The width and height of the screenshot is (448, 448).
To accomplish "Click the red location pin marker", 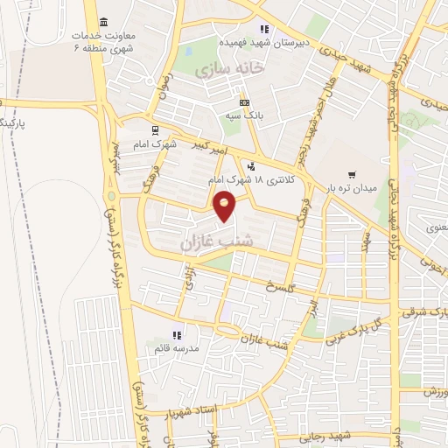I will (x=225, y=206).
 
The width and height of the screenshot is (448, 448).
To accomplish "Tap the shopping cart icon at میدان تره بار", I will (x=351, y=174).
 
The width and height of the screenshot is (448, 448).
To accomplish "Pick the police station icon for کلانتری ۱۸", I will (x=252, y=166).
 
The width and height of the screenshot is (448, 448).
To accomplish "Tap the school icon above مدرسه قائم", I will (x=177, y=335).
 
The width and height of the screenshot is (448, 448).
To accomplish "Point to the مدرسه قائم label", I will (x=177, y=348).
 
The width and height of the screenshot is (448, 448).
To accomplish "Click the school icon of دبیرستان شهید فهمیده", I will (x=263, y=29).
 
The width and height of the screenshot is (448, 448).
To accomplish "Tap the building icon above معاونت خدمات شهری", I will (x=104, y=21).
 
